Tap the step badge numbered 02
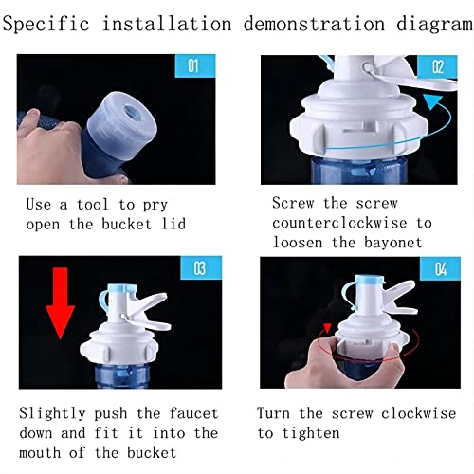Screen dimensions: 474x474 (437, 66)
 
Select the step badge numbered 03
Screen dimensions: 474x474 (197, 268)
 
